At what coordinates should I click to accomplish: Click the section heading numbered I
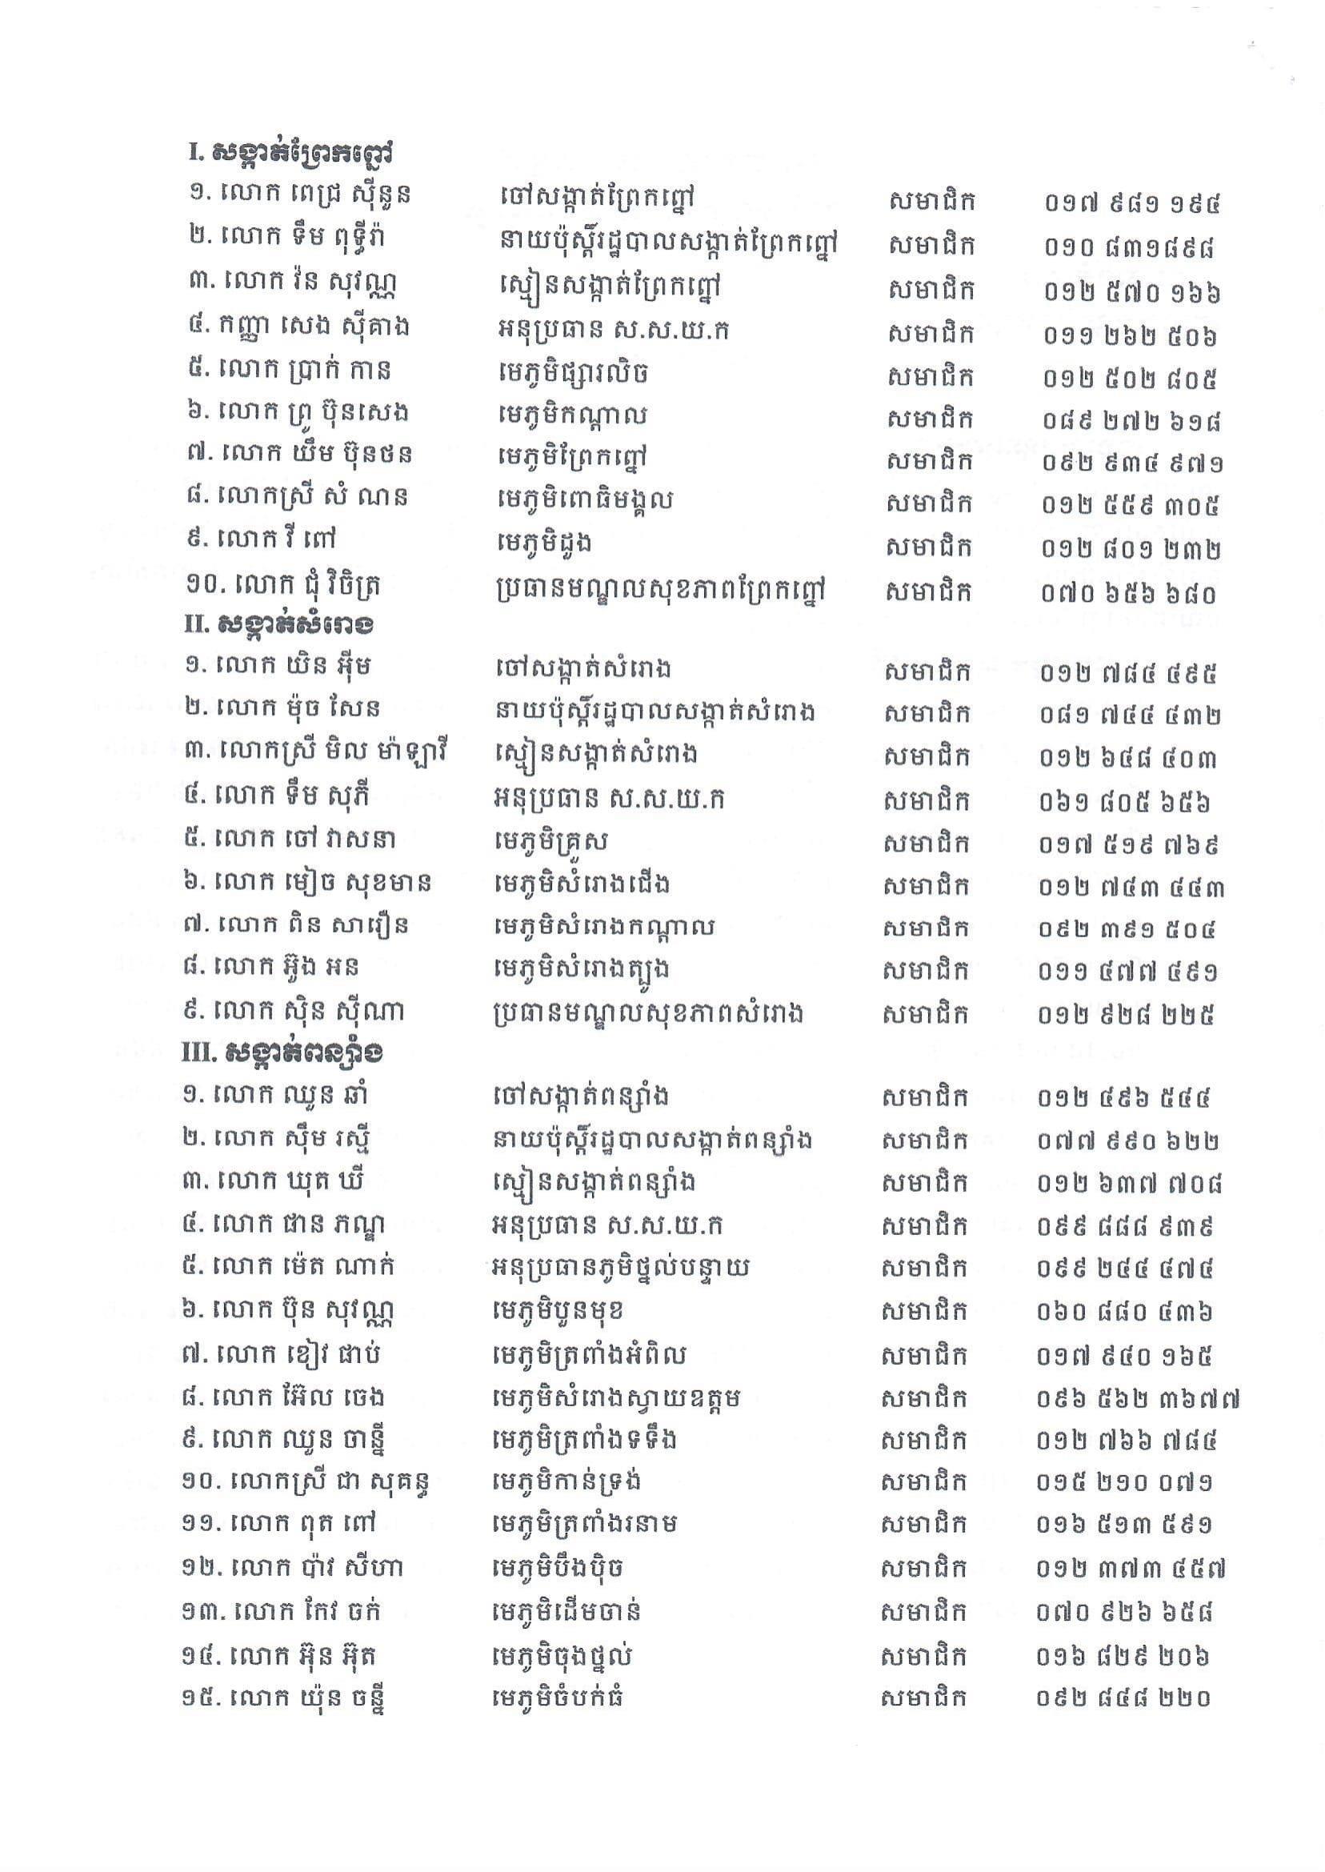(x=290, y=153)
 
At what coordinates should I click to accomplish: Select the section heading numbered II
(x=280, y=624)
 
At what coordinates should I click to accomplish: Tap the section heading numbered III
(x=282, y=1052)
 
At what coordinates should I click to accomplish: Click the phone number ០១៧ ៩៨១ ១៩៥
(x=1131, y=202)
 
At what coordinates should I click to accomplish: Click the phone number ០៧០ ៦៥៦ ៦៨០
(x=1128, y=593)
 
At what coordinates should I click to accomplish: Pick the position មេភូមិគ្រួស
(x=551, y=841)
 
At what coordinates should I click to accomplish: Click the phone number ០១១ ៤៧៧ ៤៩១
(x=1128, y=972)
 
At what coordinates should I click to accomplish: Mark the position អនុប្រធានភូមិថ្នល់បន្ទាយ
(x=620, y=1267)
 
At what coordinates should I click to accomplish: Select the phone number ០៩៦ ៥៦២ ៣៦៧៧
(x=1138, y=1400)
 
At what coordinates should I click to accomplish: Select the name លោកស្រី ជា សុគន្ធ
(x=306, y=1481)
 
